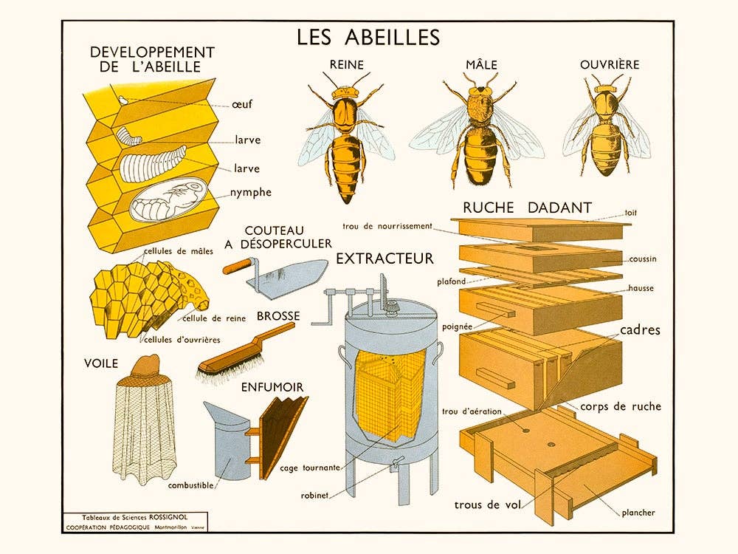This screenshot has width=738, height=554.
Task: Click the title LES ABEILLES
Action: pos(368,37)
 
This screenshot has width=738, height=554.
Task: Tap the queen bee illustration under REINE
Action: pos(346,137)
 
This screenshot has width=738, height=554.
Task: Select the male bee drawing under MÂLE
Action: pos(477,132)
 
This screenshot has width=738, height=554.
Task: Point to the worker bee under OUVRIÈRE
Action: pos(607,126)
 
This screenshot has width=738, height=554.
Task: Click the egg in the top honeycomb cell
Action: pos(123,100)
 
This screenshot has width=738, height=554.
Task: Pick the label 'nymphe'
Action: pos(251,192)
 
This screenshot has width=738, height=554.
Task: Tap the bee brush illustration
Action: pos(241,353)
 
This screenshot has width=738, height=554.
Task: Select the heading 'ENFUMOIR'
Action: pos(272,387)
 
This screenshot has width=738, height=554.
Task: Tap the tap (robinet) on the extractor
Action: pos(396,465)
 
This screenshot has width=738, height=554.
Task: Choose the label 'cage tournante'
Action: pos(310,468)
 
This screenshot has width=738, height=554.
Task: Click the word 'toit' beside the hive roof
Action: pos(631,213)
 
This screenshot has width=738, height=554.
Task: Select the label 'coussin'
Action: pos(643,259)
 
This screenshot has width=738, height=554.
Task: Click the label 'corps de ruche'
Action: pos(621,406)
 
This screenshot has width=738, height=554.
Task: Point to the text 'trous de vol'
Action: pos(488,505)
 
